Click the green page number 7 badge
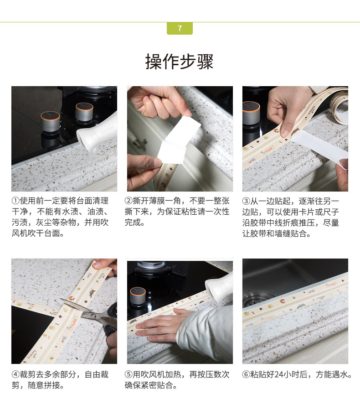tap(180, 28)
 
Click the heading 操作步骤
tap(180, 62)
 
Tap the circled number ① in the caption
tap(15, 201)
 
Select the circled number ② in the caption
tap(129, 201)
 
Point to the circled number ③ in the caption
tap(246, 201)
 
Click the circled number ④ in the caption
tap(15, 374)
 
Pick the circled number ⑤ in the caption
tap(129, 374)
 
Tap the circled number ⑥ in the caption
tap(246, 374)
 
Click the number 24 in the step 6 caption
tap(279, 374)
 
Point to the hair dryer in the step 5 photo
tap(219, 288)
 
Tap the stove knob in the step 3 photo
tap(251, 113)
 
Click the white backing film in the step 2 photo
tap(178, 140)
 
